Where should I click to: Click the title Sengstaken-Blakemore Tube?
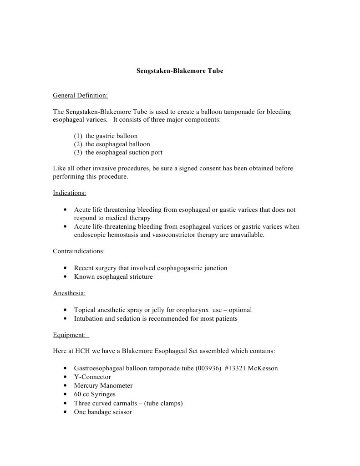tap(180, 71)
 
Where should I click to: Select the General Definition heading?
tap(80, 96)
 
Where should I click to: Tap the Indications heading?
tap(70, 193)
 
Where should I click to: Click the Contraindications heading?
tap(79, 251)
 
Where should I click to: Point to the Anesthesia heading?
tap(69, 293)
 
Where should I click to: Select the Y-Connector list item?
tap(92, 377)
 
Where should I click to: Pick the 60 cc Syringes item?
tap(95, 394)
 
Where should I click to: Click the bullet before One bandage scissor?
tap(66, 412)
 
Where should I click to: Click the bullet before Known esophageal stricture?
tap(66, 277)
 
